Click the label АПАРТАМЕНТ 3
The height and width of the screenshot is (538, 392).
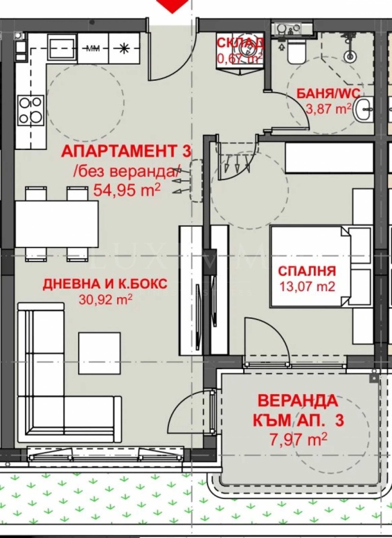pyautogui.click(x=125, y=151)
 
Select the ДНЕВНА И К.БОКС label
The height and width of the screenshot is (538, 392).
pyautogui.click(x=105, y=284)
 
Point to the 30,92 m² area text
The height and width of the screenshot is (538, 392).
pyautogui.click(x=105, y=299)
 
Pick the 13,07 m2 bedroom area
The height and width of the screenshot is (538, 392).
pyautogui.click(x=307, y=286)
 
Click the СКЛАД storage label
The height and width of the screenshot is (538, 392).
pyautogui.click(x=240, y=43)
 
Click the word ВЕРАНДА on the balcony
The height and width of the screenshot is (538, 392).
pyautogui.click(x=297, y=400)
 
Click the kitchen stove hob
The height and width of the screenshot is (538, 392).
pyautogui.click(x=30, y=110)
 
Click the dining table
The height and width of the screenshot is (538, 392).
pyautogui.click(x=56, y=224)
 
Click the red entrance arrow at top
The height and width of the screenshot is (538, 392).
pyautogui.click(x=174, y=4)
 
